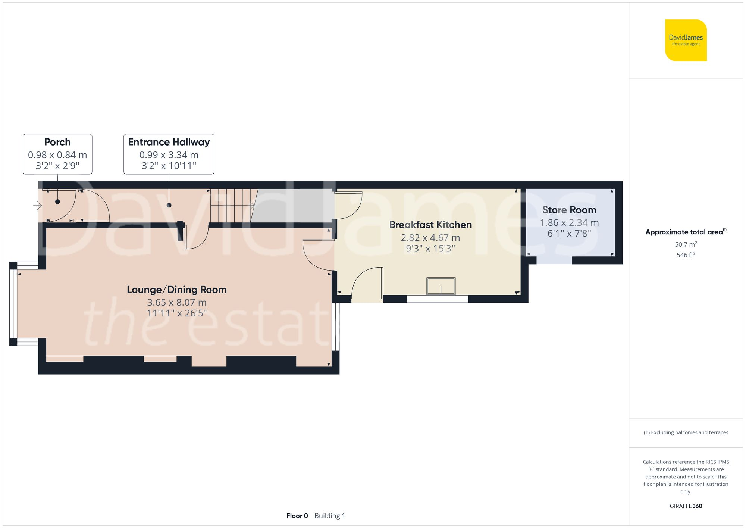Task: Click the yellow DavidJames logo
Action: pos(686,40)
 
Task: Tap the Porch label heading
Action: pos(57,142)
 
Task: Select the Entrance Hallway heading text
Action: pos(169,142)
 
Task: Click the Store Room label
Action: pos(569,210)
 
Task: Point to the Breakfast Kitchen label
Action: pos(430,225)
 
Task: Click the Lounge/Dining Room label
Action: pos(176,290)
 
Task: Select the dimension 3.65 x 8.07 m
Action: pos(176,302)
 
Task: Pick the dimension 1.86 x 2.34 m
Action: pos(569,223)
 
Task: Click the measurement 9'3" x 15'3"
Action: pos(430,249)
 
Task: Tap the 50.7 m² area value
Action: pos(686,244)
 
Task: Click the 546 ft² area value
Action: pos(686,255)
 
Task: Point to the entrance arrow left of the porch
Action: pos(37,205)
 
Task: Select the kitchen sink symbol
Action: pos(441,287)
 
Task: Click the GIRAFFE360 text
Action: pos(686,506)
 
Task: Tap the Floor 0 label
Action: pos(297,516)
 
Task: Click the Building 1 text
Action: pos(330,516)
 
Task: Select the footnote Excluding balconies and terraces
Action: pos(686,432)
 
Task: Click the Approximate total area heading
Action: pos(684,232)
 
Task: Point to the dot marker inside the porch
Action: pos(57,201)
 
